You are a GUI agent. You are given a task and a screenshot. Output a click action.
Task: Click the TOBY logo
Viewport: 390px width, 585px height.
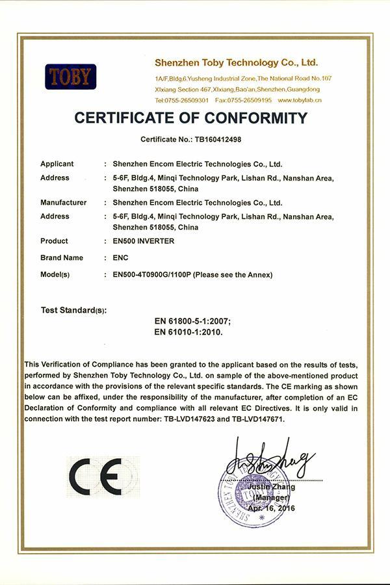click(70, 77)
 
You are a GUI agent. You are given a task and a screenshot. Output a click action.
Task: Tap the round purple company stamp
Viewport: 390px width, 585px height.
click(254, 493)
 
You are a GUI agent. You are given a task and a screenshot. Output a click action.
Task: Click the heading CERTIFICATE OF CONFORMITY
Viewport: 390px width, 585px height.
click(190, 118)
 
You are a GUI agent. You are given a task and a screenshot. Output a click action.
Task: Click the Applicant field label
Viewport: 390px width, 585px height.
click(57, 164)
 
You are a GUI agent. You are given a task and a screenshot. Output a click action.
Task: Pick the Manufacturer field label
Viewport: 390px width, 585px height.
click(63, 202)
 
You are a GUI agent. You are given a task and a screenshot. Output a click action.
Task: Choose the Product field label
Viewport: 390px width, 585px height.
click(54, 240)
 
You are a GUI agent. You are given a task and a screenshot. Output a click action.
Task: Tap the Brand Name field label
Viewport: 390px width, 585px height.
click(62, 257)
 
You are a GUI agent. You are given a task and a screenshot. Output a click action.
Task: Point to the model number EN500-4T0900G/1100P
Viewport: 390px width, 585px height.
click(153, 274)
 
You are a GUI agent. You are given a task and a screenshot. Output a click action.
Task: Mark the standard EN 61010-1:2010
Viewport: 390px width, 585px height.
click(188, 331)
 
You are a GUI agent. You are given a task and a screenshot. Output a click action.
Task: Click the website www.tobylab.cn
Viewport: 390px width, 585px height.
click(300, 100)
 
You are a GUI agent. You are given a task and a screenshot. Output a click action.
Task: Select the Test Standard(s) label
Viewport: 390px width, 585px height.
click(73, 310)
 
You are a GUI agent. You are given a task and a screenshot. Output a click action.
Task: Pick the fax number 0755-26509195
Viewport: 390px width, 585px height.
click(252, 100)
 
